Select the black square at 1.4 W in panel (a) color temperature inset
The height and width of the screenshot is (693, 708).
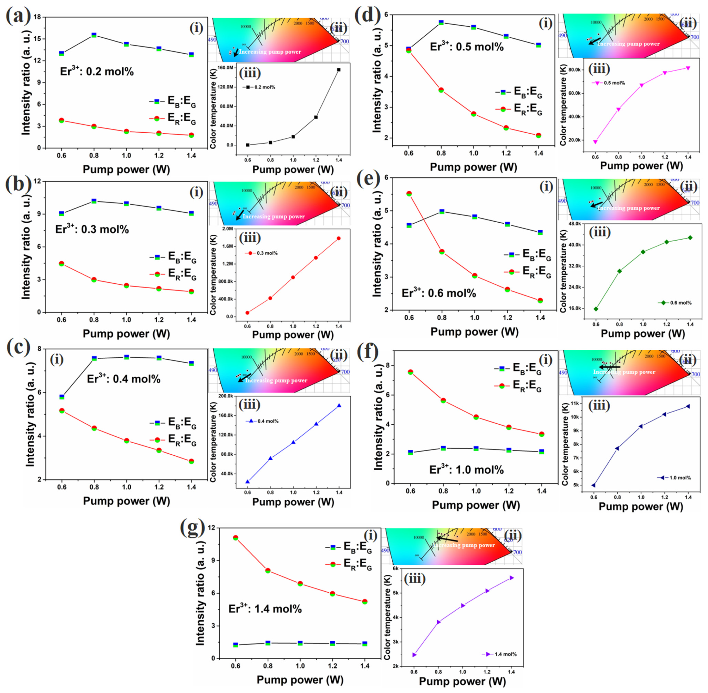[339, 70]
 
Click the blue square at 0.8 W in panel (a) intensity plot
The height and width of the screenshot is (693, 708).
[94, 35]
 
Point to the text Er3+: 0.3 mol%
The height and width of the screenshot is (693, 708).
[92, 229]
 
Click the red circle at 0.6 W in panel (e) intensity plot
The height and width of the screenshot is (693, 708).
[409, 194]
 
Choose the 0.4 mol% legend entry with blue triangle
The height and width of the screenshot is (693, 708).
[262, 421]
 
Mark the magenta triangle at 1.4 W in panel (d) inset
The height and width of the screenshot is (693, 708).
[688, 68]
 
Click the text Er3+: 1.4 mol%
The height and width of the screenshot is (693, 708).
[265, 609]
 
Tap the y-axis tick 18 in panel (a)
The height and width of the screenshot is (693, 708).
[36, 17]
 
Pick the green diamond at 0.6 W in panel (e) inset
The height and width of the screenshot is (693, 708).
[596, 309]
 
